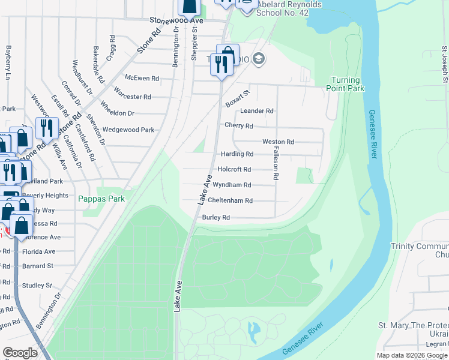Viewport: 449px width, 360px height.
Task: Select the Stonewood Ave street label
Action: pyautogui.click(x=177, y=20)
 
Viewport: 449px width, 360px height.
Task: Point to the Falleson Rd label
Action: pyautogui.click(x=276, y=163)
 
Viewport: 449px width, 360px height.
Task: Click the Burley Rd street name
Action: pyautogui.click(x=216, y=217)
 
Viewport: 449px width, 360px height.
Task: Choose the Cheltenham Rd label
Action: pyautogui.click(x=230, y=200)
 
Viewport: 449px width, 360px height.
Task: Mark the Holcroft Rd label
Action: pyautogui.click(x=234, y=169)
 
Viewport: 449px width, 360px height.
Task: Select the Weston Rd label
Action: pyautogui.click(x=278, y=142)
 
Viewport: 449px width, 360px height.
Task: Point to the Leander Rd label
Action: pyautogui.click(x=257, y=111)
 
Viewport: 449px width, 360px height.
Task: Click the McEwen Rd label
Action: pyautogui.click(x=142, y=78)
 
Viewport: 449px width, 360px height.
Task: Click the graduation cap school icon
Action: pyautogui.click(x=259, y=58)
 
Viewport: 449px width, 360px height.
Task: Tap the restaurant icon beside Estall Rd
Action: pyautogui.click(x=46, y=128)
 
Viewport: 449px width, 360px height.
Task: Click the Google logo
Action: pyautogui.click(x=20, y=353)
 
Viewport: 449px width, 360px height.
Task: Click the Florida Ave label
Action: pyautogui.click(x=38, y=251)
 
